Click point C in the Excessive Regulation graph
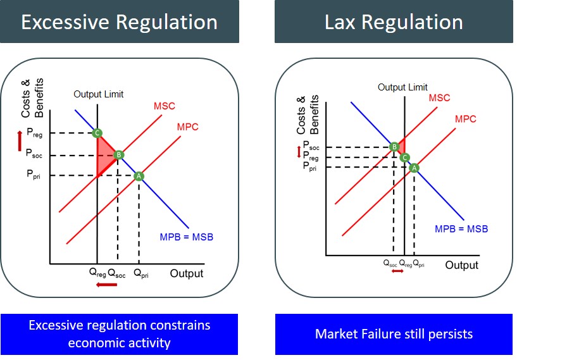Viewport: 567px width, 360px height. click(x=97, y=133)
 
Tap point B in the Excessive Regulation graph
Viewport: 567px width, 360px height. click(x=118, y=155)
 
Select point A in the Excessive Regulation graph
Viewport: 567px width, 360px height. click(x=139, y=176)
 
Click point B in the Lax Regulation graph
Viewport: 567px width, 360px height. click(x=394, y=147)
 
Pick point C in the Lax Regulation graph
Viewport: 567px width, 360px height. click(x=405, y=158)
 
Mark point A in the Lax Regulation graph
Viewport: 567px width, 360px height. click(x=414, y=168)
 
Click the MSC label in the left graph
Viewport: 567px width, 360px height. click(x=165, y=106)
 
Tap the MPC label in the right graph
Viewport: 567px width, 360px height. click(x=465, y=119)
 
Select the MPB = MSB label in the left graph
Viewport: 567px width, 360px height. click(x=186, y=237)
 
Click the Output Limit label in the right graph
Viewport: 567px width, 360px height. click(x=402, y=87)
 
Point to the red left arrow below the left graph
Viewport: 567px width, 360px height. click(x=106, y=285)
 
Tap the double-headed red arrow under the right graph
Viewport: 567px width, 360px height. click(x=397, y=271)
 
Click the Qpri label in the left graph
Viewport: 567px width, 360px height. click(x=141, y=275)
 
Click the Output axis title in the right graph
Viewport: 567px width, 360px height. click(x=461, y=265)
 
